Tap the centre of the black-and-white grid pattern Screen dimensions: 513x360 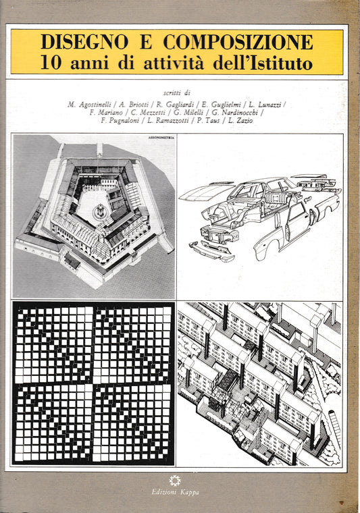tap(93, 383)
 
